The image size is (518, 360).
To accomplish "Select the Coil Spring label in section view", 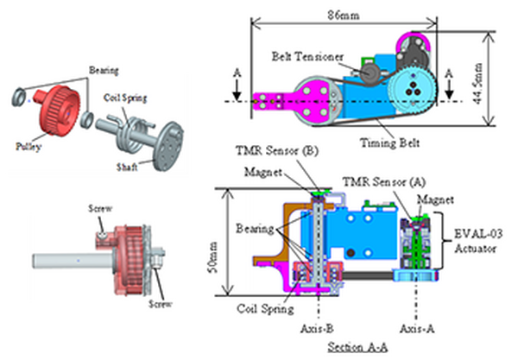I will (263, 305).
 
